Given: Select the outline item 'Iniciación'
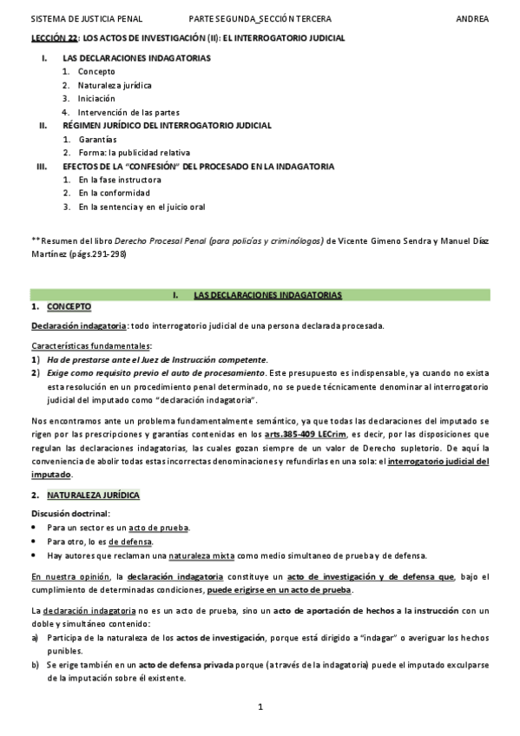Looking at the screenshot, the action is coord(96,98).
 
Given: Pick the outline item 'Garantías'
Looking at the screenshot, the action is coord(97,139).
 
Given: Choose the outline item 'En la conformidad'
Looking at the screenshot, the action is coord(114,193).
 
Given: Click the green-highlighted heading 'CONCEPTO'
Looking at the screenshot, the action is coord(69,308).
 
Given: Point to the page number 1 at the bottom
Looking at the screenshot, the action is coord(260,708).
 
